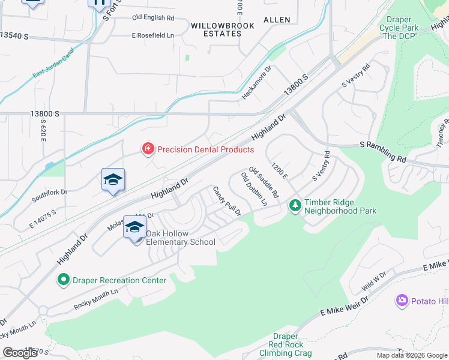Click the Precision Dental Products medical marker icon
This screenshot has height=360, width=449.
click(147, 148)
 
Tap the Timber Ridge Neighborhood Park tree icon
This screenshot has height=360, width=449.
click(295, 206)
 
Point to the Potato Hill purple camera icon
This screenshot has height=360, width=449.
click(402, 300)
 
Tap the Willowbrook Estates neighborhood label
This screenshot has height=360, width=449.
click(223, 29)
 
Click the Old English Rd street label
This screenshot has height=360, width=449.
click(153, 18)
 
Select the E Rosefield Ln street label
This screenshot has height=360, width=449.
click(153, 35)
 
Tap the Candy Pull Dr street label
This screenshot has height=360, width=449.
click(227, 201)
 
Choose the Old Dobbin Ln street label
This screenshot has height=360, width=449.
click(254, 189)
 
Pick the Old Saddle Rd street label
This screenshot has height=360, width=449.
click(264, 182)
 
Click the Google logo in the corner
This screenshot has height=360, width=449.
click(20, 352)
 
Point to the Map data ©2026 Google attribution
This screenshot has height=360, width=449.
click(411, 355)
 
